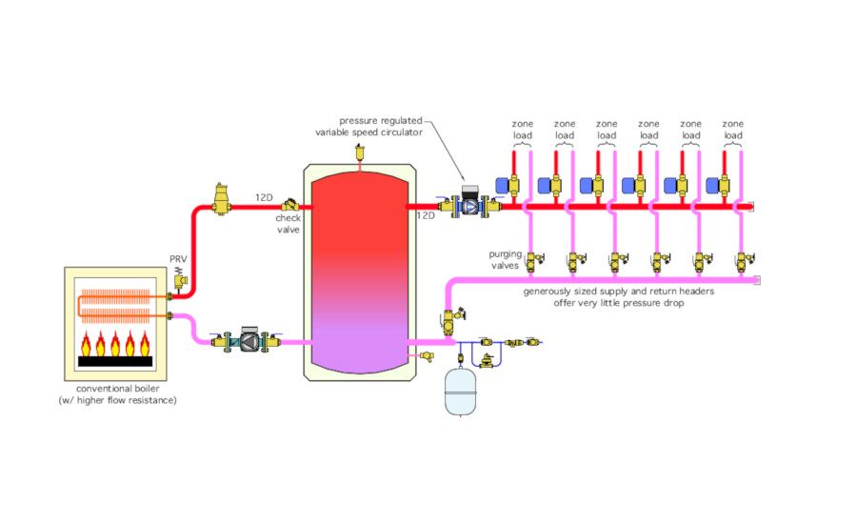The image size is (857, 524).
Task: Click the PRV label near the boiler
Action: click(178, 259)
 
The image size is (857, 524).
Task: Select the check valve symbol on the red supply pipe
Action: click(290, 205)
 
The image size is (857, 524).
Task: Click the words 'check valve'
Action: click(288, 224)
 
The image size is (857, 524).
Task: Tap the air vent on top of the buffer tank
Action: click(360, 151)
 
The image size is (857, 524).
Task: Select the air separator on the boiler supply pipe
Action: click(221, 198)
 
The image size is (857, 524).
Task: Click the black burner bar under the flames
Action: click(115, 361)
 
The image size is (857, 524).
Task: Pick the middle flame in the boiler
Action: click(115, 344)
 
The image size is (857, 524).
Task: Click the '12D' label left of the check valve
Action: click(264, 197)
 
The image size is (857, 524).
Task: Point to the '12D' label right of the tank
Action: click(426, 216)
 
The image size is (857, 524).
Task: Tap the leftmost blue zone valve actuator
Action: click(502, 186)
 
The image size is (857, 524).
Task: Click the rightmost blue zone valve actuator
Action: click(712, 186)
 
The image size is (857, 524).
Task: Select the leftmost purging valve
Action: click(534, 262)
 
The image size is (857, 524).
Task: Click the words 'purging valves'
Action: click(505, 260)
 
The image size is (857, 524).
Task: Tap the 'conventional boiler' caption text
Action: click(117, 389)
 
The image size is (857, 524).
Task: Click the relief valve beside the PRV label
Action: click(180, 279)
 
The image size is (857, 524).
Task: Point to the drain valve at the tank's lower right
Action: click(426, 356)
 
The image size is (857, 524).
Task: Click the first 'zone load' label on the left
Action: click(523, 130)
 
